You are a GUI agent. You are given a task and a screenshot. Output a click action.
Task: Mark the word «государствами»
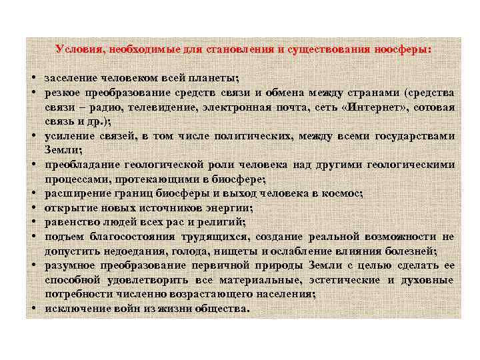(415, 136)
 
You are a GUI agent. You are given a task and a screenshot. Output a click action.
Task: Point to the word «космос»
(341, 193)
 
